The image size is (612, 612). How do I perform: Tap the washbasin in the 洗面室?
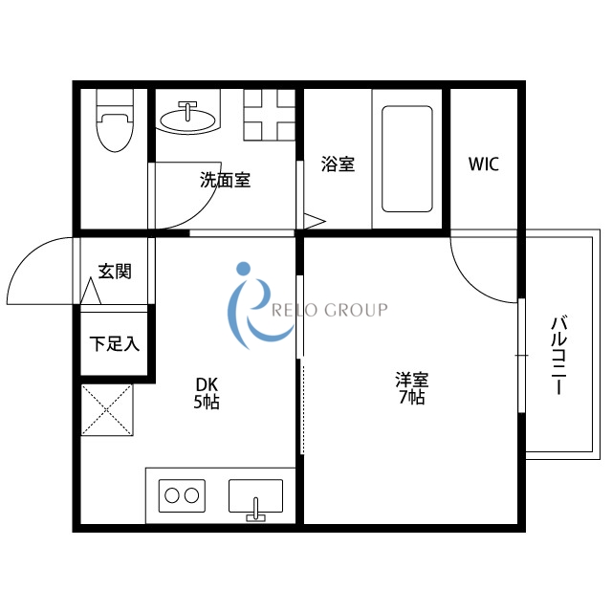[187, 118]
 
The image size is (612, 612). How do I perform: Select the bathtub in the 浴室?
[407, 157]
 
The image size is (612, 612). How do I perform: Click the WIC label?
[483, 164]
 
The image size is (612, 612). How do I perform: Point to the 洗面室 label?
[225, 179]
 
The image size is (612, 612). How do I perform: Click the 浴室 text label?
[339, 164]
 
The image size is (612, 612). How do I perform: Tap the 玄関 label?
[115, 272]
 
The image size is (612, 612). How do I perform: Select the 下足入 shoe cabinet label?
[115, 343]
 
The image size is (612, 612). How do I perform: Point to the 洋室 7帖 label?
[411, 387]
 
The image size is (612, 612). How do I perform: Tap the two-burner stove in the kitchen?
[183, 495]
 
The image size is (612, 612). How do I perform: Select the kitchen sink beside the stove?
[255, 497]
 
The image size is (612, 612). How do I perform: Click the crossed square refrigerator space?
[106, 408]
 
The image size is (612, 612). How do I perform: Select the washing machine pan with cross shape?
[269, 114]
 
